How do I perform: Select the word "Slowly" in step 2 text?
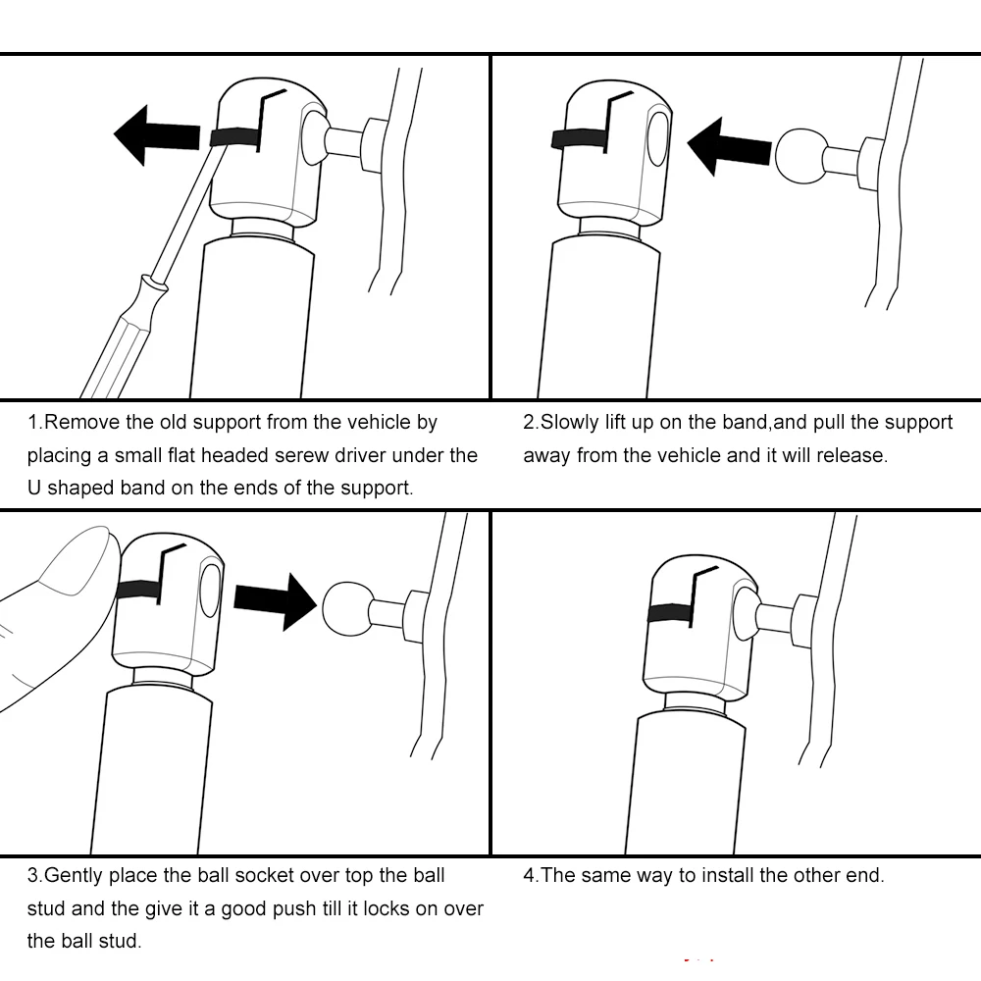coord(572,423)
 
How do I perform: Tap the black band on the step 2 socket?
coord(579,138)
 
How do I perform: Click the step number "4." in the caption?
coord(531,875)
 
